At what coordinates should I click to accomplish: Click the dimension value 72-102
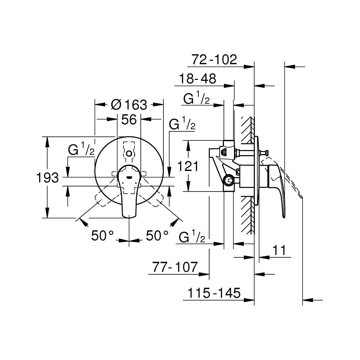pos(214,60)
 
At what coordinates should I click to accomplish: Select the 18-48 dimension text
pos(197,79)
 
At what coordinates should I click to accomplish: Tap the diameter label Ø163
pos(129,105)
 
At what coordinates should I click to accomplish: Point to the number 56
pos(129,120)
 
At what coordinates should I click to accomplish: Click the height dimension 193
pos(48,178)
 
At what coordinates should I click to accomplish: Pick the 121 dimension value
pos(188,166)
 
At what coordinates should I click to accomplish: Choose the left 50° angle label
pos(102,235)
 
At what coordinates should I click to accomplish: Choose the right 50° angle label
pos(157,235)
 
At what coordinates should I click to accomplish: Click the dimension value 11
pos(279,250)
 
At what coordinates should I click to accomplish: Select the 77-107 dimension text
pos(175,267)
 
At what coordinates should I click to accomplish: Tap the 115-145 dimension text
pos(214,293)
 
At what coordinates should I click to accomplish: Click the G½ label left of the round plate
pos(81,149)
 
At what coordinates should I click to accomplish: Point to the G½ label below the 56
pos(182,124)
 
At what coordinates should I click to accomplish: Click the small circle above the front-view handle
pos(129,153)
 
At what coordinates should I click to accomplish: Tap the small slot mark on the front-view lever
pos(129,177)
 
